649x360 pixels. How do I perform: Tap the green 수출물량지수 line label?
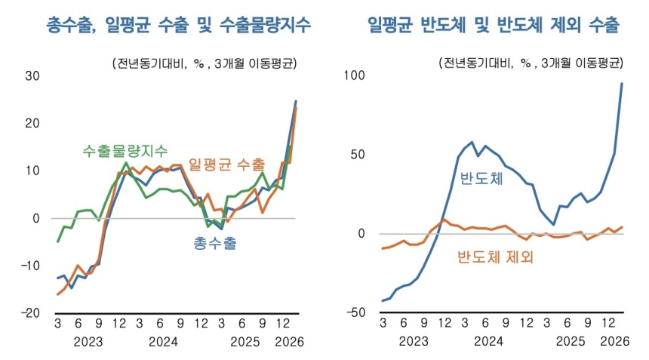125,150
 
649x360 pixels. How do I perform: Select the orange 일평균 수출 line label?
226,164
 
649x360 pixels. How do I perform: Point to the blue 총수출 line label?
214,244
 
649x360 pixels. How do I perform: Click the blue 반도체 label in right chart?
481,179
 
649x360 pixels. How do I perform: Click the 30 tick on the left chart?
32,75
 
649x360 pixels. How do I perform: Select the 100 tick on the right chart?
355,75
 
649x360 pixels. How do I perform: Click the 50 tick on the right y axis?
358,155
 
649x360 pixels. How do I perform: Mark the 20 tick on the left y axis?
32,123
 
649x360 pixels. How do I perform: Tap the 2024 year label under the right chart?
489,341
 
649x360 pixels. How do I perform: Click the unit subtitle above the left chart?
207,63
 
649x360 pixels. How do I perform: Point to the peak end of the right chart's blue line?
622,83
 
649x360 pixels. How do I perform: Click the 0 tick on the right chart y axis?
362,234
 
